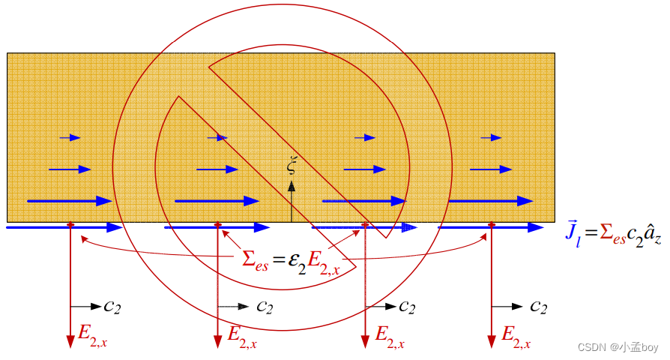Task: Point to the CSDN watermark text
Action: (618, 347)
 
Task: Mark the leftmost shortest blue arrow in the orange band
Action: (70, 137)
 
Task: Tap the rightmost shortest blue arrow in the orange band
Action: (492, 137)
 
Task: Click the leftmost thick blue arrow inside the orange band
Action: (69, 201)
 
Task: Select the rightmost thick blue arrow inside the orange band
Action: (491, 201)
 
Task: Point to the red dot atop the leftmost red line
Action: (70, 224)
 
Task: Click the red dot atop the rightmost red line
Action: (492, 224)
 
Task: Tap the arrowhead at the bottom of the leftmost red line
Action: (70, 342)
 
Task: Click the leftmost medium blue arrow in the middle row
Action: (69, 169)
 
